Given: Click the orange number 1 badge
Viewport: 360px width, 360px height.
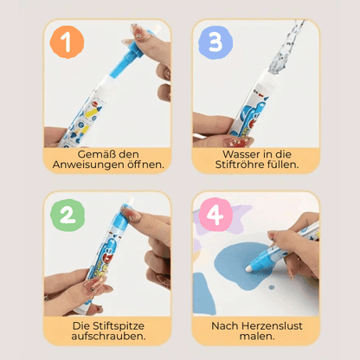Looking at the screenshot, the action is (x=67, y=42).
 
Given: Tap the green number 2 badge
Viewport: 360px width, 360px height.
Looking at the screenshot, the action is (x=67, y=215).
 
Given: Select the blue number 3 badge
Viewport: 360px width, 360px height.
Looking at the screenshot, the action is (x=215, y=42).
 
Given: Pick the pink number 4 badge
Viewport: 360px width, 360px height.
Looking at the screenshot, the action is (x=215, y=215).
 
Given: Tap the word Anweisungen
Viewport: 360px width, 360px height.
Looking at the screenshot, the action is (x=88, y=164).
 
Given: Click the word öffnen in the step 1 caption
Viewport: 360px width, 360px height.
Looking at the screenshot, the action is (x=145, y=164).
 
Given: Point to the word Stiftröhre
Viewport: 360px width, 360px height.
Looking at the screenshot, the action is (x=241, y=164).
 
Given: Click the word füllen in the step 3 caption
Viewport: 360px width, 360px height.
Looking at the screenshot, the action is (x=284, y=164).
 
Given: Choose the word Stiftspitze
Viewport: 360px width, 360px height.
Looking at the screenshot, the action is (x=119, y=326).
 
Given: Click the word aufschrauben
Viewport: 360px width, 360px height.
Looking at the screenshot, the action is (x=108, y=337).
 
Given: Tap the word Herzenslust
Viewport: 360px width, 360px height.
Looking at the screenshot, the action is (x=272, y=326).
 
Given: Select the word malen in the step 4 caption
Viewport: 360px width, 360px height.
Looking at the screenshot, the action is (x=257, y=337).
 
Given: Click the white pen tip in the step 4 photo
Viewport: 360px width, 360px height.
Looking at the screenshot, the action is (x=248, y=268).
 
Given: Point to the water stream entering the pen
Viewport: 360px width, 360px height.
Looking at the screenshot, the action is (x=286, y=47).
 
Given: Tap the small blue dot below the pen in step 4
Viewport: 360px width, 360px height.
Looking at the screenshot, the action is (x=272, y=287).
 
